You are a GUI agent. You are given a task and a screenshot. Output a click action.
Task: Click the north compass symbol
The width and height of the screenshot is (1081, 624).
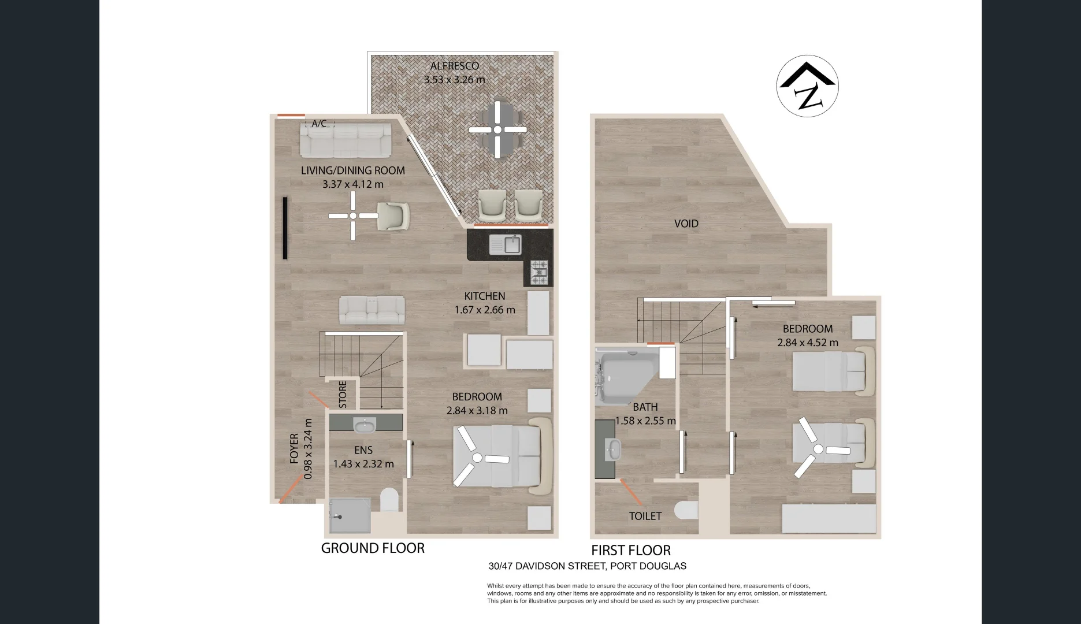pos(807,87)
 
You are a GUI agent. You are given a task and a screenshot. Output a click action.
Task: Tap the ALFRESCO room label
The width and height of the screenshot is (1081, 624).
pos(455,66)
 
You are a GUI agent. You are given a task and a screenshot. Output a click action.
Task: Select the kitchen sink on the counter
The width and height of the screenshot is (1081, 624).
pos(506,244)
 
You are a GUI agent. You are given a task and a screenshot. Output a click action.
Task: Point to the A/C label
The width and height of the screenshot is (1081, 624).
pos(320,124)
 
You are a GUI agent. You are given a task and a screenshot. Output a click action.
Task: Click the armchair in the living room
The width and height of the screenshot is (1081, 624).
pos(393,216)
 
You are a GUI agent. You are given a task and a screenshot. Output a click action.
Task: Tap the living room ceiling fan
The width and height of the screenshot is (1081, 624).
pos(353,216)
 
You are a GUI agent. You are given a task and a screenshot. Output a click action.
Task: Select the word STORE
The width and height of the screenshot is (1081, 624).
pos(343,395)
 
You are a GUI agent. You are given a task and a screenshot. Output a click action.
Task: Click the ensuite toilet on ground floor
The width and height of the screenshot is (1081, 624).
pos(389,500)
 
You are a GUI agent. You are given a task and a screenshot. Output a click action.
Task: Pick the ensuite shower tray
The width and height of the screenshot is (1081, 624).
pos(350,515)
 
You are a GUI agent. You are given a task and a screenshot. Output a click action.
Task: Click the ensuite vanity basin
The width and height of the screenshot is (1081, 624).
pos(364,425)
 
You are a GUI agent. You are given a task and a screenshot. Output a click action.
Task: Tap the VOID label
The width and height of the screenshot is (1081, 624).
pos(686,224)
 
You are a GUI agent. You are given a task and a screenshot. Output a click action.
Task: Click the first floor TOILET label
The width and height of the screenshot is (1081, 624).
pos(645,516)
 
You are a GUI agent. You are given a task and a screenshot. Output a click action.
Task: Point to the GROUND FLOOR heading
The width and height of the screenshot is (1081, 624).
pos(373,548)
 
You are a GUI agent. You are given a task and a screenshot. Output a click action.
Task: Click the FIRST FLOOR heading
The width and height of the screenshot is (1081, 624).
pos(631,550)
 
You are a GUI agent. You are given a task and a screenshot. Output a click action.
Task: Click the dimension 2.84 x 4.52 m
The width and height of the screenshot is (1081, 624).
pos(808,343)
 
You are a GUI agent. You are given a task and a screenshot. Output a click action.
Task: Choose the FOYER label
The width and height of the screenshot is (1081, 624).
pos(295,449)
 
